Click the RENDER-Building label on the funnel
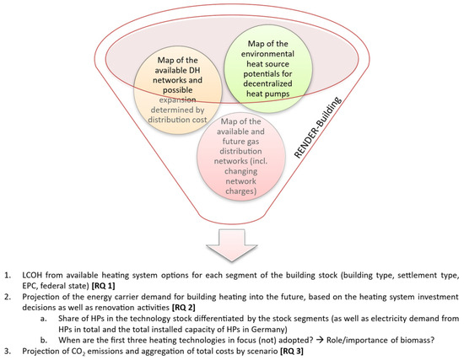click(318, 127)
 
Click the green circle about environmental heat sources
click(268, 68)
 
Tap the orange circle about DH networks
click(177, 89)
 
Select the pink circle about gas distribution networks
click(241, 156)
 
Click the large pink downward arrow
click(232, 245)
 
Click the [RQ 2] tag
click(183, 308)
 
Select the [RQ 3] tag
click(292, 351)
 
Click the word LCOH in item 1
click(32, 275)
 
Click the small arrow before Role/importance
click(320, 340)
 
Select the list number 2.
click(7, 297)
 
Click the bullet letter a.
click(44, 319)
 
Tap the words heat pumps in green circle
click(267, 94)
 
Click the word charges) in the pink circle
click(241, 191)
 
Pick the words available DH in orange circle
click(177, 70)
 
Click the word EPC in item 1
click(29, 286)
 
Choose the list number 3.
click(7, 351)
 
